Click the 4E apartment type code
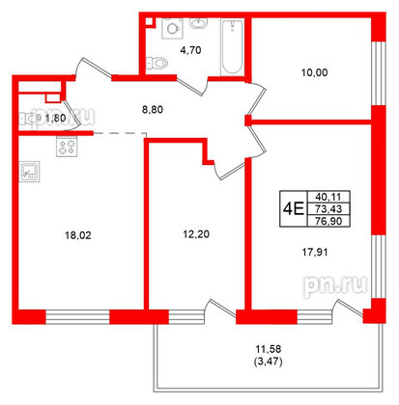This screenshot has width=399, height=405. tap(294, 206)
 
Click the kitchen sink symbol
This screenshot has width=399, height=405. tap(30, 174)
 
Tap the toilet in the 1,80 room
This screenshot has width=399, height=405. tap(35, 119)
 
